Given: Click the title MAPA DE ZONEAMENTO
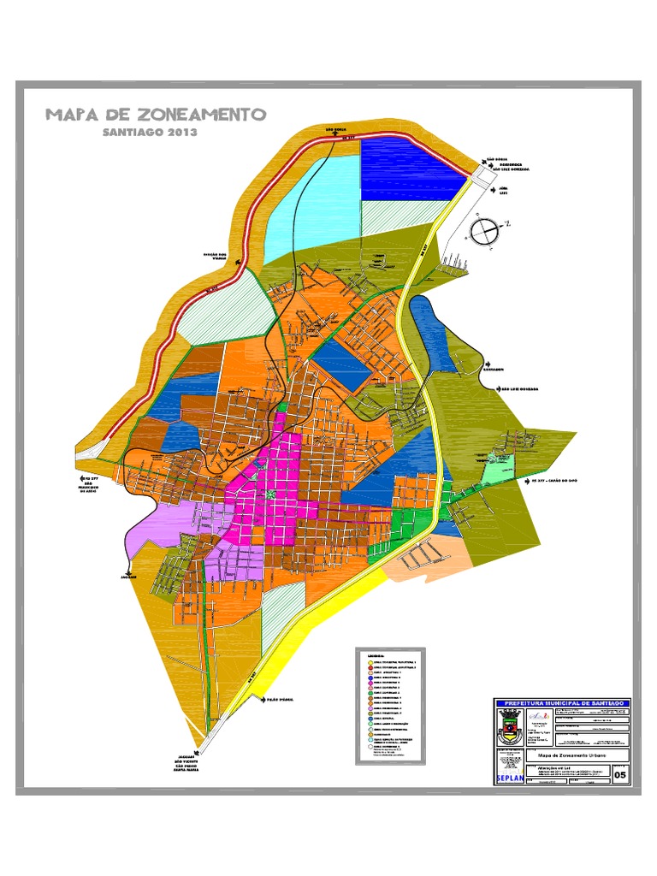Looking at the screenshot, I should pyautogui.click(x=156, y=115).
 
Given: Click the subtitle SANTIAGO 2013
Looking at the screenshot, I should pyautogui.click(x=150, y=133).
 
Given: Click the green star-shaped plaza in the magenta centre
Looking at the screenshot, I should pyautogui.click(x=271, y=494).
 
